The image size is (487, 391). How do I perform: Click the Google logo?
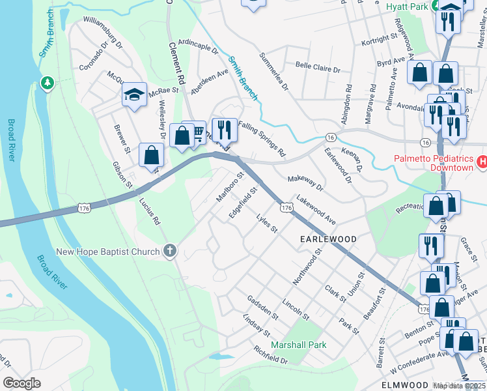[22, 383]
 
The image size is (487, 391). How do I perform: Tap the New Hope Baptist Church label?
[107, 252]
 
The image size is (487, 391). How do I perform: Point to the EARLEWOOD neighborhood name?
[328, 239]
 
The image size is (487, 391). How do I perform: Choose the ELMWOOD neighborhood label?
[404, 384]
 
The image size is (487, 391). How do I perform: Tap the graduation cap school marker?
[135, 95]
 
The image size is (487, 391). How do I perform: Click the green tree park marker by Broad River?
[47, 83]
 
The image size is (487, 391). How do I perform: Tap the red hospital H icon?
[482, 161]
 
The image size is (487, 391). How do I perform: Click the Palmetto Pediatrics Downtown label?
[432, 163]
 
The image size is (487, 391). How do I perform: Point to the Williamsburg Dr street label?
[102, 36]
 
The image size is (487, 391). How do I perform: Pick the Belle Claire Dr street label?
[318, 68]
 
